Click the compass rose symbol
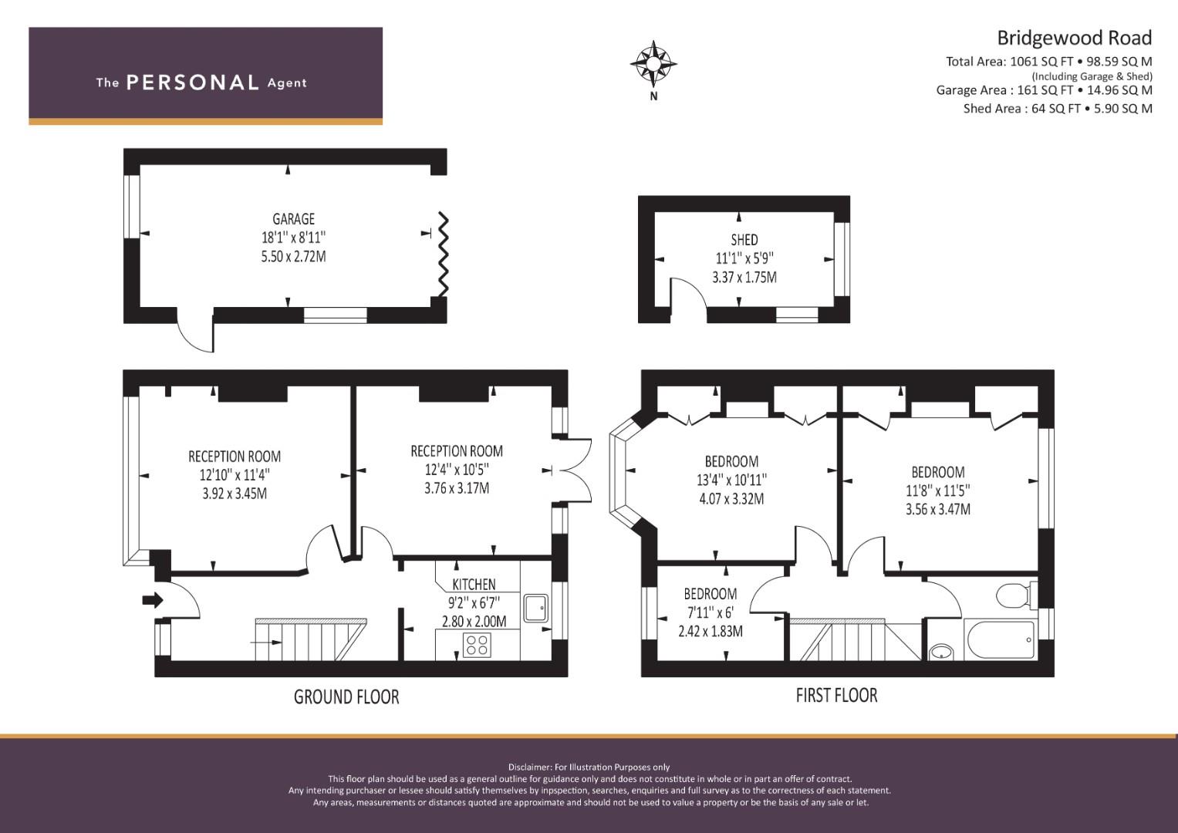point(653,63)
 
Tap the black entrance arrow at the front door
point(153,600)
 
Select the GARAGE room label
point(293,219)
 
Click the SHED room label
point(744,240)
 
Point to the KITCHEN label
point(474,585)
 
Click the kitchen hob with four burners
point(477,645)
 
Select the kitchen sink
point(536,609)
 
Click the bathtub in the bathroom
point(999,639)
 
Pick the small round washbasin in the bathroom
point(940,653)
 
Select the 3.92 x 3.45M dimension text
point(235,494)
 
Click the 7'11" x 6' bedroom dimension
point(710,612)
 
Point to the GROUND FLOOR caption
point(346,696)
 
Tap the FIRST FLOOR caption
point(837,696)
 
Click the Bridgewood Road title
point(1075,38)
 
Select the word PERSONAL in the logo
point(193,83)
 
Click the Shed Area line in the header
point(1058,109)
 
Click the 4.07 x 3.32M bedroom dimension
point(731,499)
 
